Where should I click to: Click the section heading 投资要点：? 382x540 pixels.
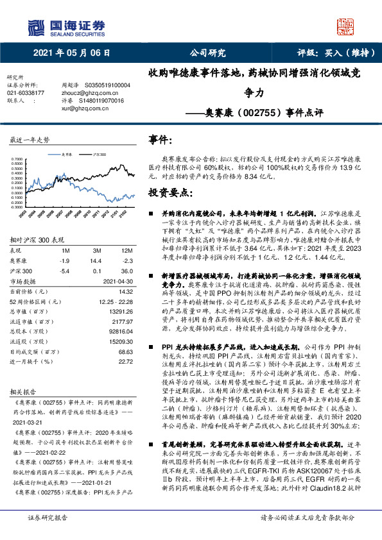tap(170, 192)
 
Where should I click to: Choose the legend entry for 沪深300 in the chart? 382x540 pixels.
tap(100, 155)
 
